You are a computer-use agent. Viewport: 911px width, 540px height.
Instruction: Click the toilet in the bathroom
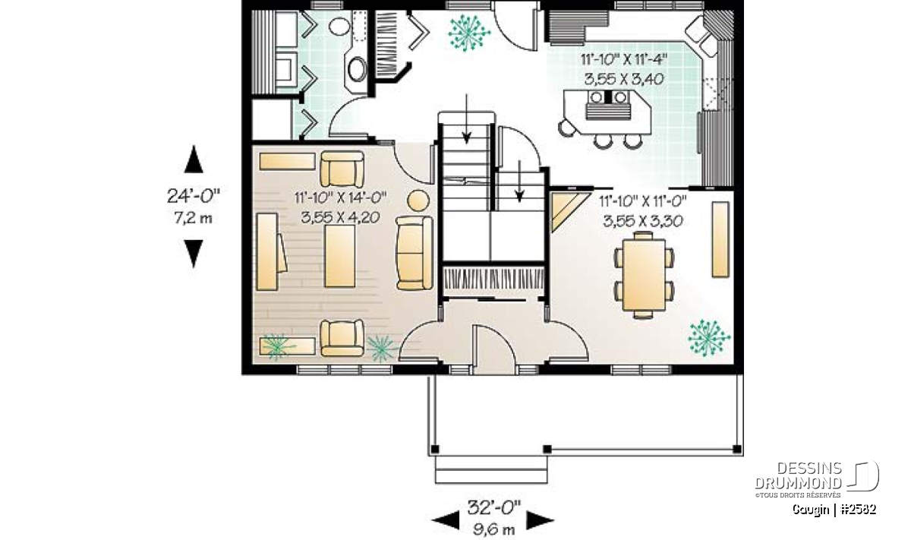pyautogui.click(x=339, y=26)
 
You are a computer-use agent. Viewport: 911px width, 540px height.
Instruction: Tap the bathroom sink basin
pyautogui.click(x=358, y=69)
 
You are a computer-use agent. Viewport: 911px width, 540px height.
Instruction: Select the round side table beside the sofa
pyautogui.click(x=418, y=201)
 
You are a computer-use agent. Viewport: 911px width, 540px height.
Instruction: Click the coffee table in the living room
pyautogui.click(x=339, y=256)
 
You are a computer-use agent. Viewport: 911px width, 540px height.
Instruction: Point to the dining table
pyautogui.click(x=644, y=275)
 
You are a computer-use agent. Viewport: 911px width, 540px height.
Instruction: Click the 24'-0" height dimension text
pyautogui.click(x=193, y=196)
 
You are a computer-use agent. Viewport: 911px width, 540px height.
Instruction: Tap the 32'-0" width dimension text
pyautogui.click(x=493, y=507)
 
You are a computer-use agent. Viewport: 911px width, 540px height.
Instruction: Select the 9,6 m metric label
pyautogui.click(x=493, y=529)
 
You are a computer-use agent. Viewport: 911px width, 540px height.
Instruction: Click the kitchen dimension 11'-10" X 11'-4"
pyautogui.click(x=624, y=60)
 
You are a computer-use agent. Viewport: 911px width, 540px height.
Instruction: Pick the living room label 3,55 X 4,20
pyautogui.click(x=340, y=218)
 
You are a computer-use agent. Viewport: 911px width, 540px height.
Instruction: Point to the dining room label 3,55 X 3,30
pyautogui.click(x=642, y=221)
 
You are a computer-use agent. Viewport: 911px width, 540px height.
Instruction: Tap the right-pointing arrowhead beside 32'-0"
pyautogui.click(x=540, y=520)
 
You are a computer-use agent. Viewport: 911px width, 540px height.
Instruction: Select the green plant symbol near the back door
pyautogui.click(x=468, y=33)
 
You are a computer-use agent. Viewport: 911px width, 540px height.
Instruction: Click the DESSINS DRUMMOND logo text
pyautogui.click(x=799, y=475)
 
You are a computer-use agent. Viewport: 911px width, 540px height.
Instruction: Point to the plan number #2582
pyautogui.click(x=858, y=510)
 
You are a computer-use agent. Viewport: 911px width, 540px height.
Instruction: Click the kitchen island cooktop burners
pyautogui.click(x=608, y=97)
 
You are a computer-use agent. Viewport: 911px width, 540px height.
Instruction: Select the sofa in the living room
pyautogui.click(x=415, y=253)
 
